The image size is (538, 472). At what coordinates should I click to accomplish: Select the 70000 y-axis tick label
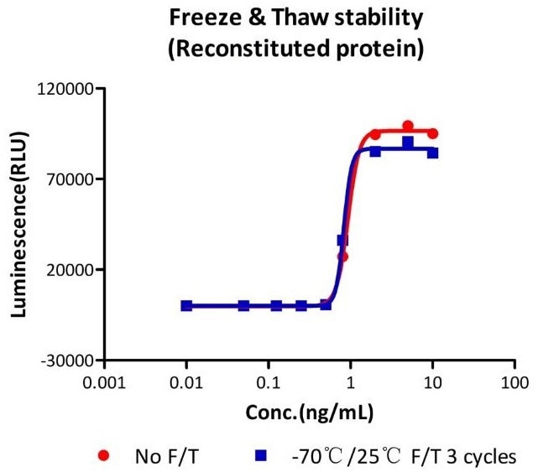[67, 179]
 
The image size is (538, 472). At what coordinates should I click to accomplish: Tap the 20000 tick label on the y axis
[67, 270]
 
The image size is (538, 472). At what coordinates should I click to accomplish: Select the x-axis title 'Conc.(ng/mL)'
[310, 413]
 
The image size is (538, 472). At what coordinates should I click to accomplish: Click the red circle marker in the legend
[104, 455]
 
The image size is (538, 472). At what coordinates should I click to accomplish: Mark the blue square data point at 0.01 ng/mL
[186, 306]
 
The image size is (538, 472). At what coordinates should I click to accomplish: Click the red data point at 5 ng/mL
[408, 126]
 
